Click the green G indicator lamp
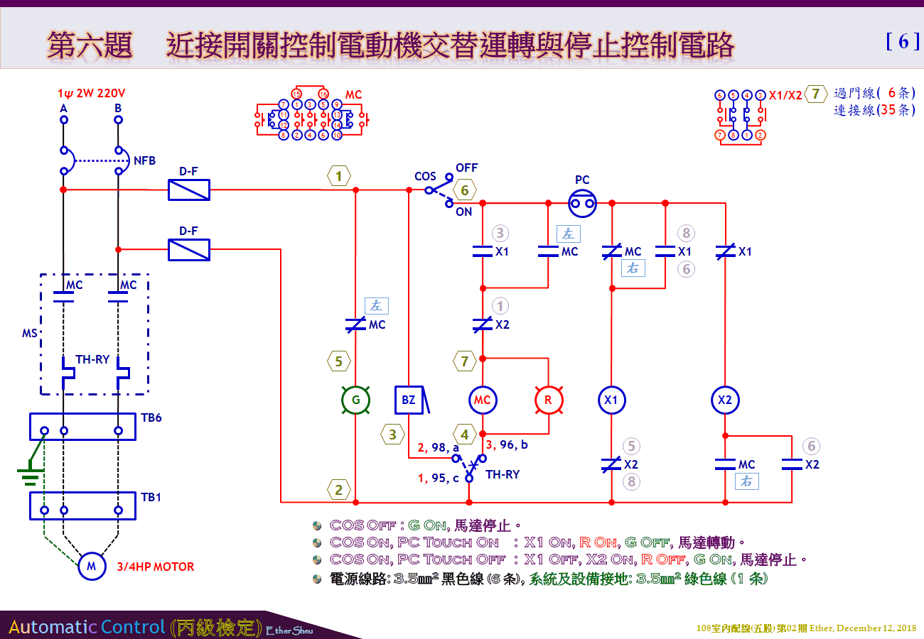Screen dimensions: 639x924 [x=356, y=400]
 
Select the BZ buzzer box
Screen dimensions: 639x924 [x=409, y=400]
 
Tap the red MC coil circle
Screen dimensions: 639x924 [x=483, y=400]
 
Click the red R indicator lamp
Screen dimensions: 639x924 [x=548, y=400]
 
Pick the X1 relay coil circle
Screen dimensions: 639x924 [x=611, y=400]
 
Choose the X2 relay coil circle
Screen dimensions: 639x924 [x=725, y=400]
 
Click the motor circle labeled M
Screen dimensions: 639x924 [x=91, y=566]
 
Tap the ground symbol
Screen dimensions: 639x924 [x=29, y=474]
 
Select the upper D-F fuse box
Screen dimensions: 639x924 [x=188, y=190]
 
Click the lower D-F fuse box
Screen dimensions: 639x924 [x=188, y=249]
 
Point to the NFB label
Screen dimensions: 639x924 [x=144, y=161]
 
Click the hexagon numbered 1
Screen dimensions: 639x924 [x=339, y=175]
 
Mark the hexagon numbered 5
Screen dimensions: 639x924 [x=339, y=361]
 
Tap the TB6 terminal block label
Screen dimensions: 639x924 [x=151, y=417]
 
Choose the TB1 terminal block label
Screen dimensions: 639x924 [x=151, y=497]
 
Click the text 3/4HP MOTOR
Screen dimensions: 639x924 [x=156, y=567]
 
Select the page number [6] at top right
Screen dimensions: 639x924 [x=903, y=42]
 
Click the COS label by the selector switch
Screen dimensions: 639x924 [x=425, y=176]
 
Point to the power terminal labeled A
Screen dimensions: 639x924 [x=63, y=109]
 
